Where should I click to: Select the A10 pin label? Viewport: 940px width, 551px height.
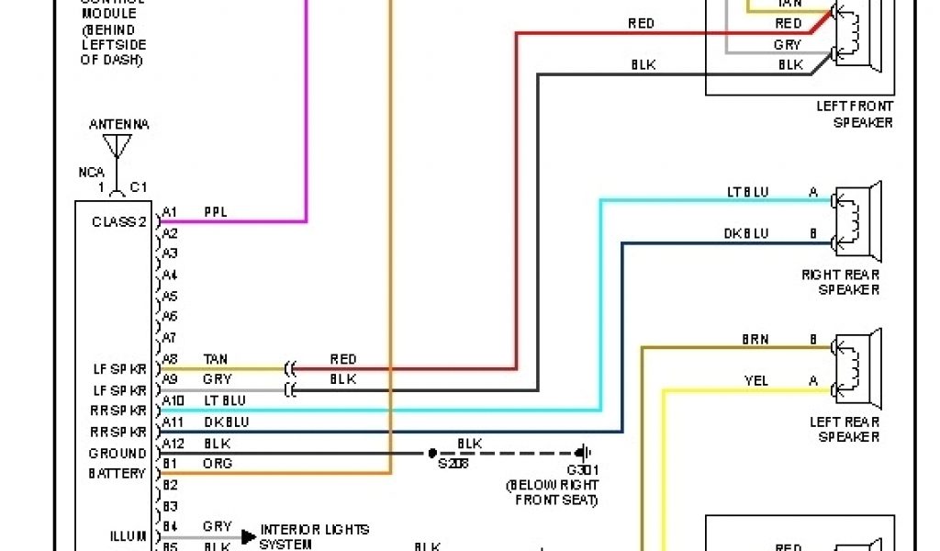pyautogui.click(x=173, y=400)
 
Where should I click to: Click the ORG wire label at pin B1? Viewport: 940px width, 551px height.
pyautogui.click(x=218, y=464)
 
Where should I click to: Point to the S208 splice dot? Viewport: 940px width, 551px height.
pyautogui.click(x=431, y=453)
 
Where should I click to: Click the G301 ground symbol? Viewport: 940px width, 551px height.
pyautogui.click(x=581, y=453)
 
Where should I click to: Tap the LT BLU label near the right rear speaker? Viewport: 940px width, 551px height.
pyautogui.click(x=747, y=192)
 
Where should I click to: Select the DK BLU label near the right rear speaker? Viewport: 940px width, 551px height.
pyautogui.click(x=745, y=233)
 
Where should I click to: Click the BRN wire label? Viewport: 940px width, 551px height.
pyautogui.click(x=755, y=339)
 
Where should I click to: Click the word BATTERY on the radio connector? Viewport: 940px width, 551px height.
pyautogui.click(x=117, y=474)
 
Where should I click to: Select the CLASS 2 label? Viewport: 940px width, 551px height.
pyautogui.click(x=118, y=222)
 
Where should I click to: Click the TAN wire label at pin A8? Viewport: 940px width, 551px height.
pyautogui.click(x=217, y=359)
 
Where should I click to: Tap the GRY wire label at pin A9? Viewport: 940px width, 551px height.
pyautogui.click(x=217, y=379)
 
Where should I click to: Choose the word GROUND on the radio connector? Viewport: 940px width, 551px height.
pyautogui.click(x=117, y=454)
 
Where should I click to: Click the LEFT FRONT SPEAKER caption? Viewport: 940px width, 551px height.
pyautogui.click(x=855, y=115)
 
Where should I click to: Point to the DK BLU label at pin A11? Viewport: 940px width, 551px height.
pyautogui.click(x=226, y=422)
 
